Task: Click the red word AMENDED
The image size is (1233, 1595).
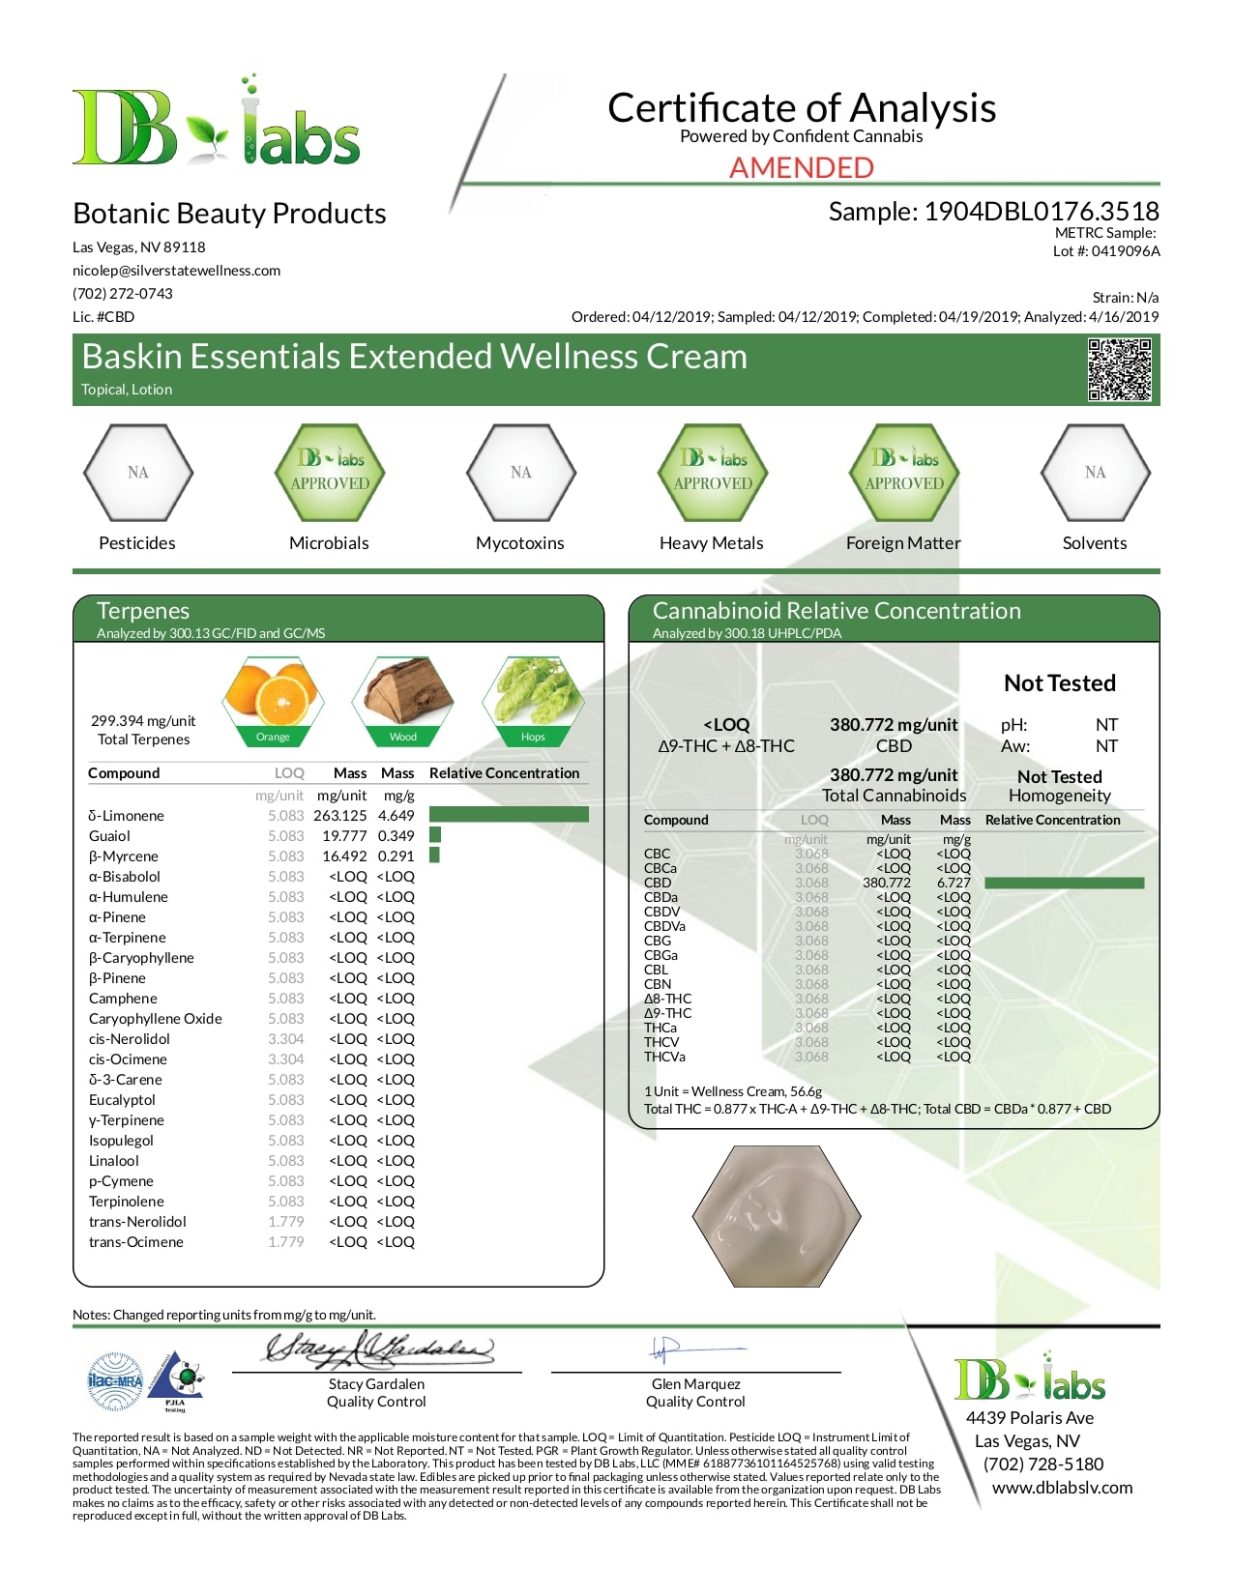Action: click(801, 167)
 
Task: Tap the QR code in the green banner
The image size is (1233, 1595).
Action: click(1119, 369)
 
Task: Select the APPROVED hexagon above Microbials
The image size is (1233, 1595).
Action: click(330, 473)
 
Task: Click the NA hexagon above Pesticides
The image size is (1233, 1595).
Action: click(138, 473)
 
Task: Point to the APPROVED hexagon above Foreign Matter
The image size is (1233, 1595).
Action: click(904, 473)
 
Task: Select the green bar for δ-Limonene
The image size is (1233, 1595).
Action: click(509, 815)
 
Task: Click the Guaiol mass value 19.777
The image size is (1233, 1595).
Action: click(339, 836)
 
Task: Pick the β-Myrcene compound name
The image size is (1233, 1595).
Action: click(124, 856)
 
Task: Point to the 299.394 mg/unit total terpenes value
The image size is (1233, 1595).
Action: click(143, 721)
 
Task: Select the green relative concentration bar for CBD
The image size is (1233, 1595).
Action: click(1064, 883)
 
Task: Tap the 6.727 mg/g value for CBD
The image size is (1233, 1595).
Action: click(954, 883)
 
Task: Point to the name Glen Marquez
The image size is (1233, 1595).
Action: click(695, 1384)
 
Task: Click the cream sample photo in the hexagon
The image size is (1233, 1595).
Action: click(777, 1215)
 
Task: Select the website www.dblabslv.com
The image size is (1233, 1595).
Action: click(1062, 1488)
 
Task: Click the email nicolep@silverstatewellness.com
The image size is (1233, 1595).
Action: click(176, 271)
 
